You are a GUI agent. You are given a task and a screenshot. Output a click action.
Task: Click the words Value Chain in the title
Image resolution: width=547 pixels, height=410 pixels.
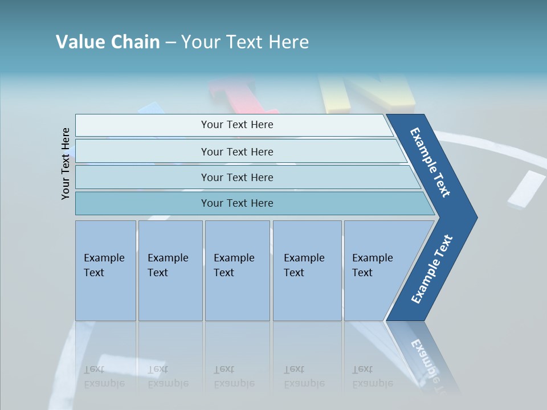coord(108,42)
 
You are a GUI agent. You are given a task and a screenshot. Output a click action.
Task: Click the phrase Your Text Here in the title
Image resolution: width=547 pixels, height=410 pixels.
coord(245,42)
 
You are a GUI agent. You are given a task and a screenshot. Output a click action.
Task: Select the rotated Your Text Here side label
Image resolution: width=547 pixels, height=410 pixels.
coord(66,163)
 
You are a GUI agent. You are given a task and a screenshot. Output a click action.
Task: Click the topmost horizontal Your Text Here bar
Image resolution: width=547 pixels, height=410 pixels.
coord(237,125)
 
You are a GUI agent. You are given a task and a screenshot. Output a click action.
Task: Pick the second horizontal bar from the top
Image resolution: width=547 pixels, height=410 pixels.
coord(237,151)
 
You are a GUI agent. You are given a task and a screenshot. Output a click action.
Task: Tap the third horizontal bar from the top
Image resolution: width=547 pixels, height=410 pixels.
coord(237,177)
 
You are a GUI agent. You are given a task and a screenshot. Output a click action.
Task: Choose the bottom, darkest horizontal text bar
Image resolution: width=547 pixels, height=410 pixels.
coord(237,203)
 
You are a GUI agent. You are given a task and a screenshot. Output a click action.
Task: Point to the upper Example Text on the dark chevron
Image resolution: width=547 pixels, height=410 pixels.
coord(431,162)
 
